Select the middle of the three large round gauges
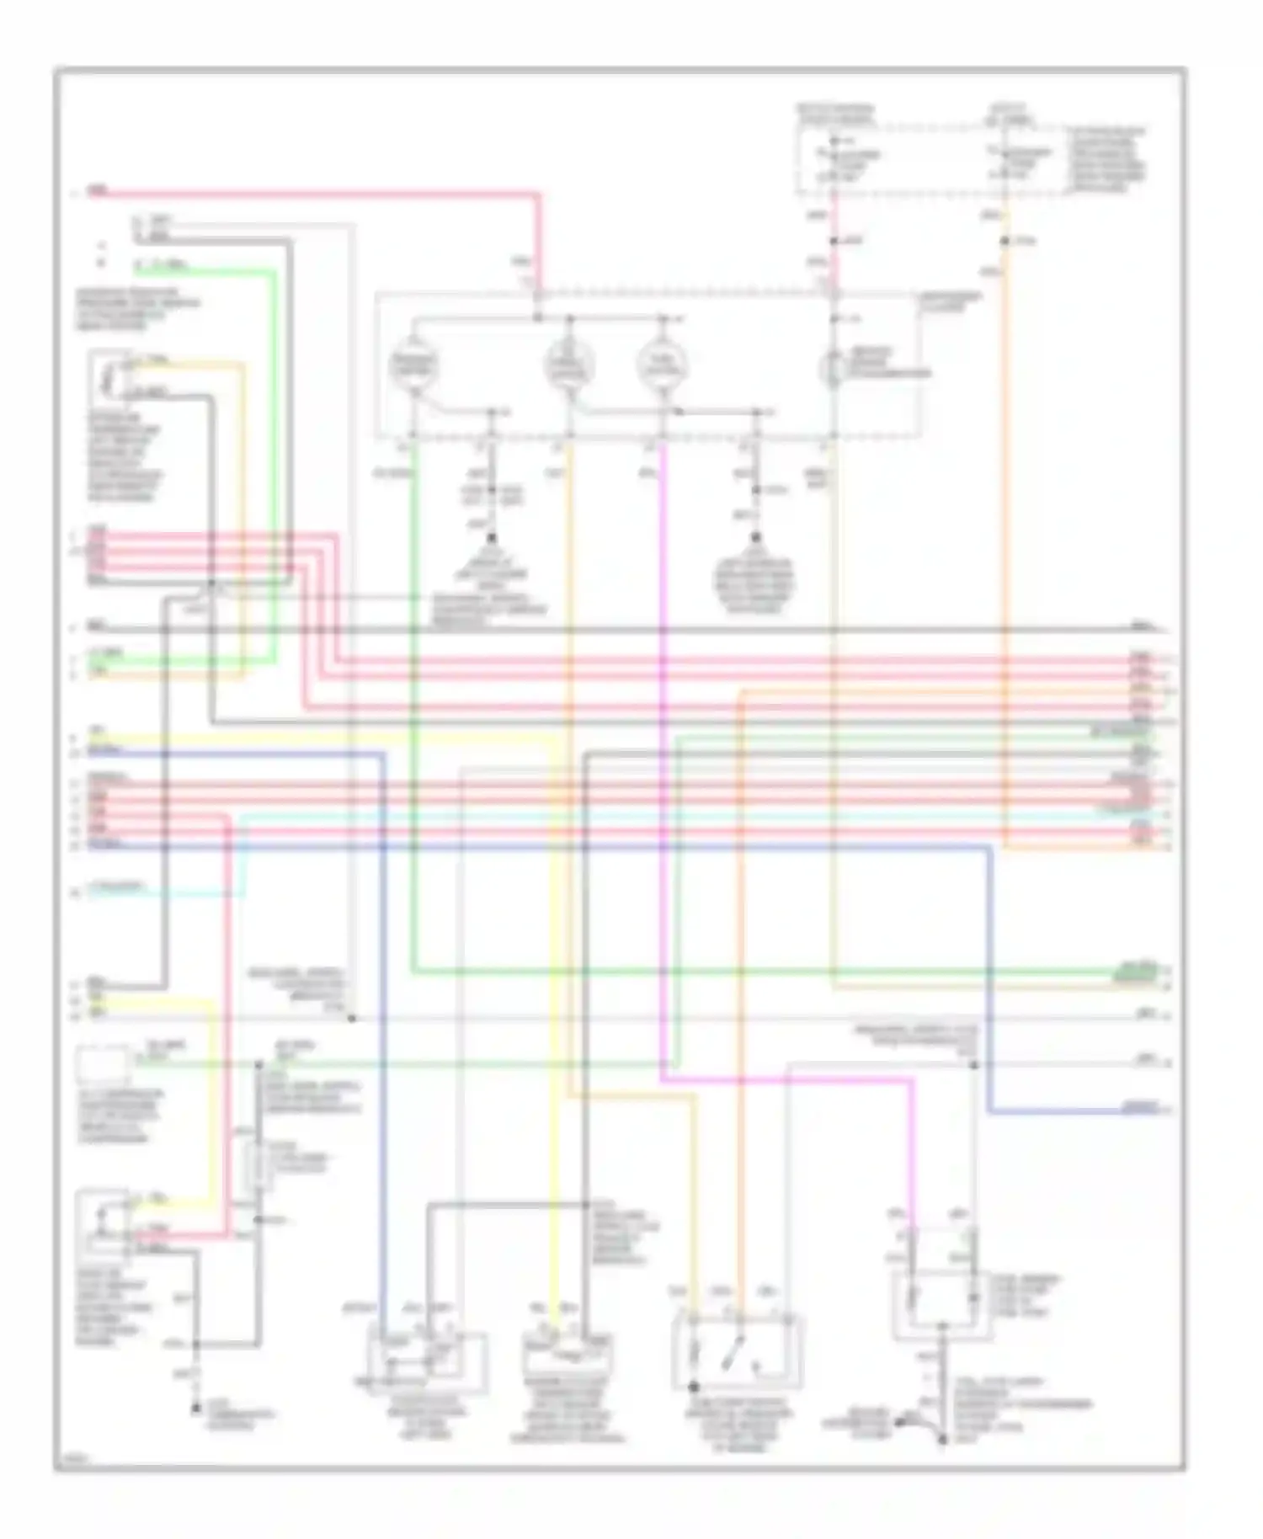pyautogui.click(x=570, y=365)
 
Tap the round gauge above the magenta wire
pyautogui.click(x=663, y=365)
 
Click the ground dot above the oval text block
pyautogui.click(x=755, y=536)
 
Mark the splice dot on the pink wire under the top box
pyautogui.click(x=833, y=242)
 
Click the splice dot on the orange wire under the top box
pyautogui.click(x=1005, y=242)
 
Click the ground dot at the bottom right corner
pyautogui.click(x=942, y=1440)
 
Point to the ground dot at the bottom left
pyautogui.click(x=195, y=1408)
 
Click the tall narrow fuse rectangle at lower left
pyautogui.click(x=259, y=1167)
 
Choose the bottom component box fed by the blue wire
pyautogui.click(x=428, y=1355)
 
